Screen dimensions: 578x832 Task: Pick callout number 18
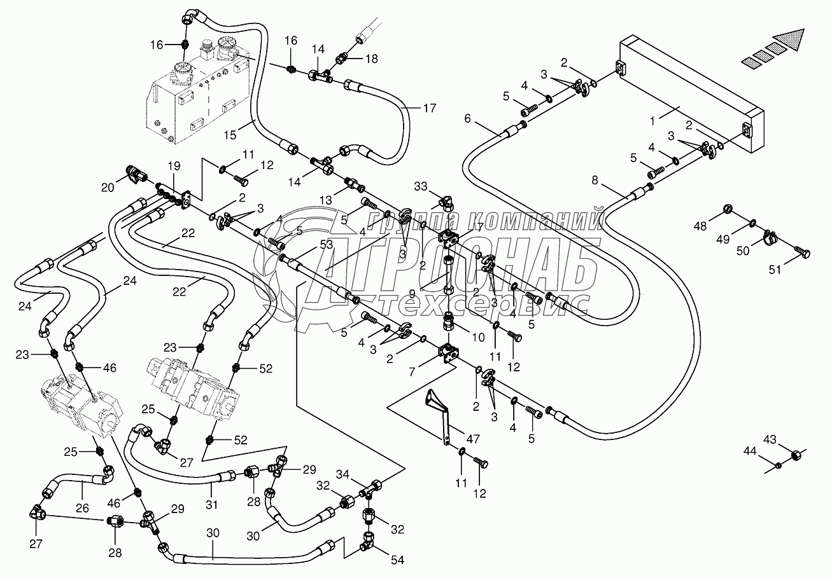(x=371, y=58)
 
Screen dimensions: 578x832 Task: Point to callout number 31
(x=211, y=505)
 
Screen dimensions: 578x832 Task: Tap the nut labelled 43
(x=796, y=455)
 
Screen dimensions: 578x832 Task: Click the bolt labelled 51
(x=805, y=254)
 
